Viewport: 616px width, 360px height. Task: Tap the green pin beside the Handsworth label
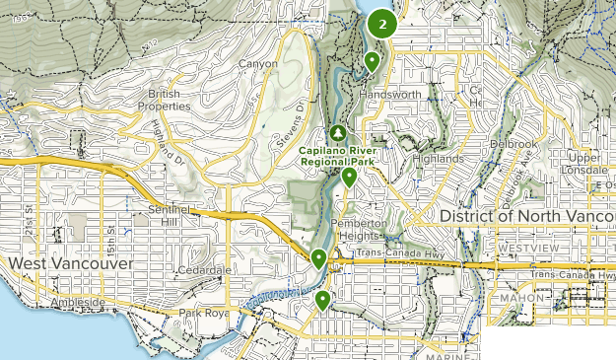point(372,62)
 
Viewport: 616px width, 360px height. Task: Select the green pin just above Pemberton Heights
point(349,178)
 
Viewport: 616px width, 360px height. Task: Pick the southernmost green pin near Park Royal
point(323,299)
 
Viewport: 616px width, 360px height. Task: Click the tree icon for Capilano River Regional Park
point(338,131)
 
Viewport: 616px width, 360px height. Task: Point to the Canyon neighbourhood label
point(258,64)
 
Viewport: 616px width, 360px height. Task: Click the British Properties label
point(164,99)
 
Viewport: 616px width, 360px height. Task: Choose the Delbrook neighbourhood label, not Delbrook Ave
point(516,143)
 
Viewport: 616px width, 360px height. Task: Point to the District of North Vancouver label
point(526,215)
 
